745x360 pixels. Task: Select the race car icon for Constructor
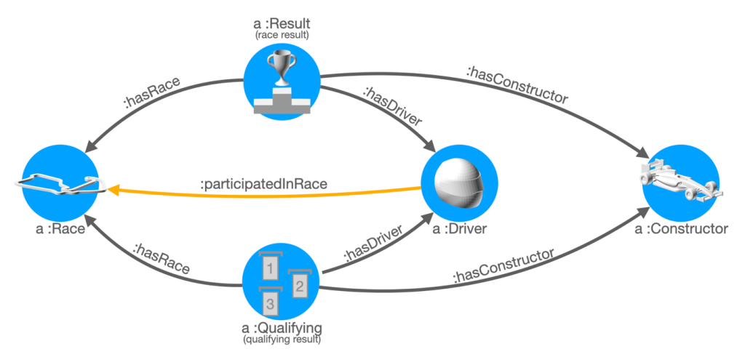click(x=682, y=183)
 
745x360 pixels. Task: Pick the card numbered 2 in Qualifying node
click(x=298, y=286)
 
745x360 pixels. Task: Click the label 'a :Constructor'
click(x=682, y=231)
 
